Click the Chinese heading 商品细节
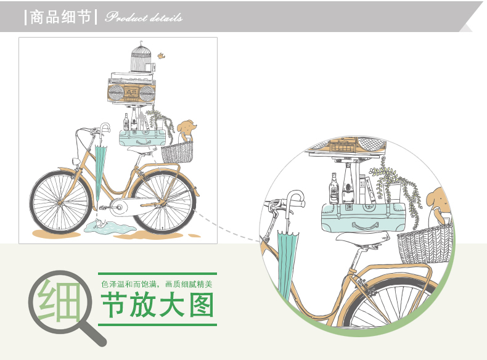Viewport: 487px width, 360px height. point(62,17)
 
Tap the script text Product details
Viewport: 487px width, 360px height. point(144,17)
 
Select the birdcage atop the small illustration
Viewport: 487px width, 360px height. point(141,57)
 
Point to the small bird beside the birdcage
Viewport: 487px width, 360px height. point(162,55)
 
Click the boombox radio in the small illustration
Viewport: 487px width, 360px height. point(131,93)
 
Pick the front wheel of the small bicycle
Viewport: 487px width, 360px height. point(60,206)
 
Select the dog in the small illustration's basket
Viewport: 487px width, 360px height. point(186,130)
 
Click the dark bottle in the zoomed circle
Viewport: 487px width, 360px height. point(334,188)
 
